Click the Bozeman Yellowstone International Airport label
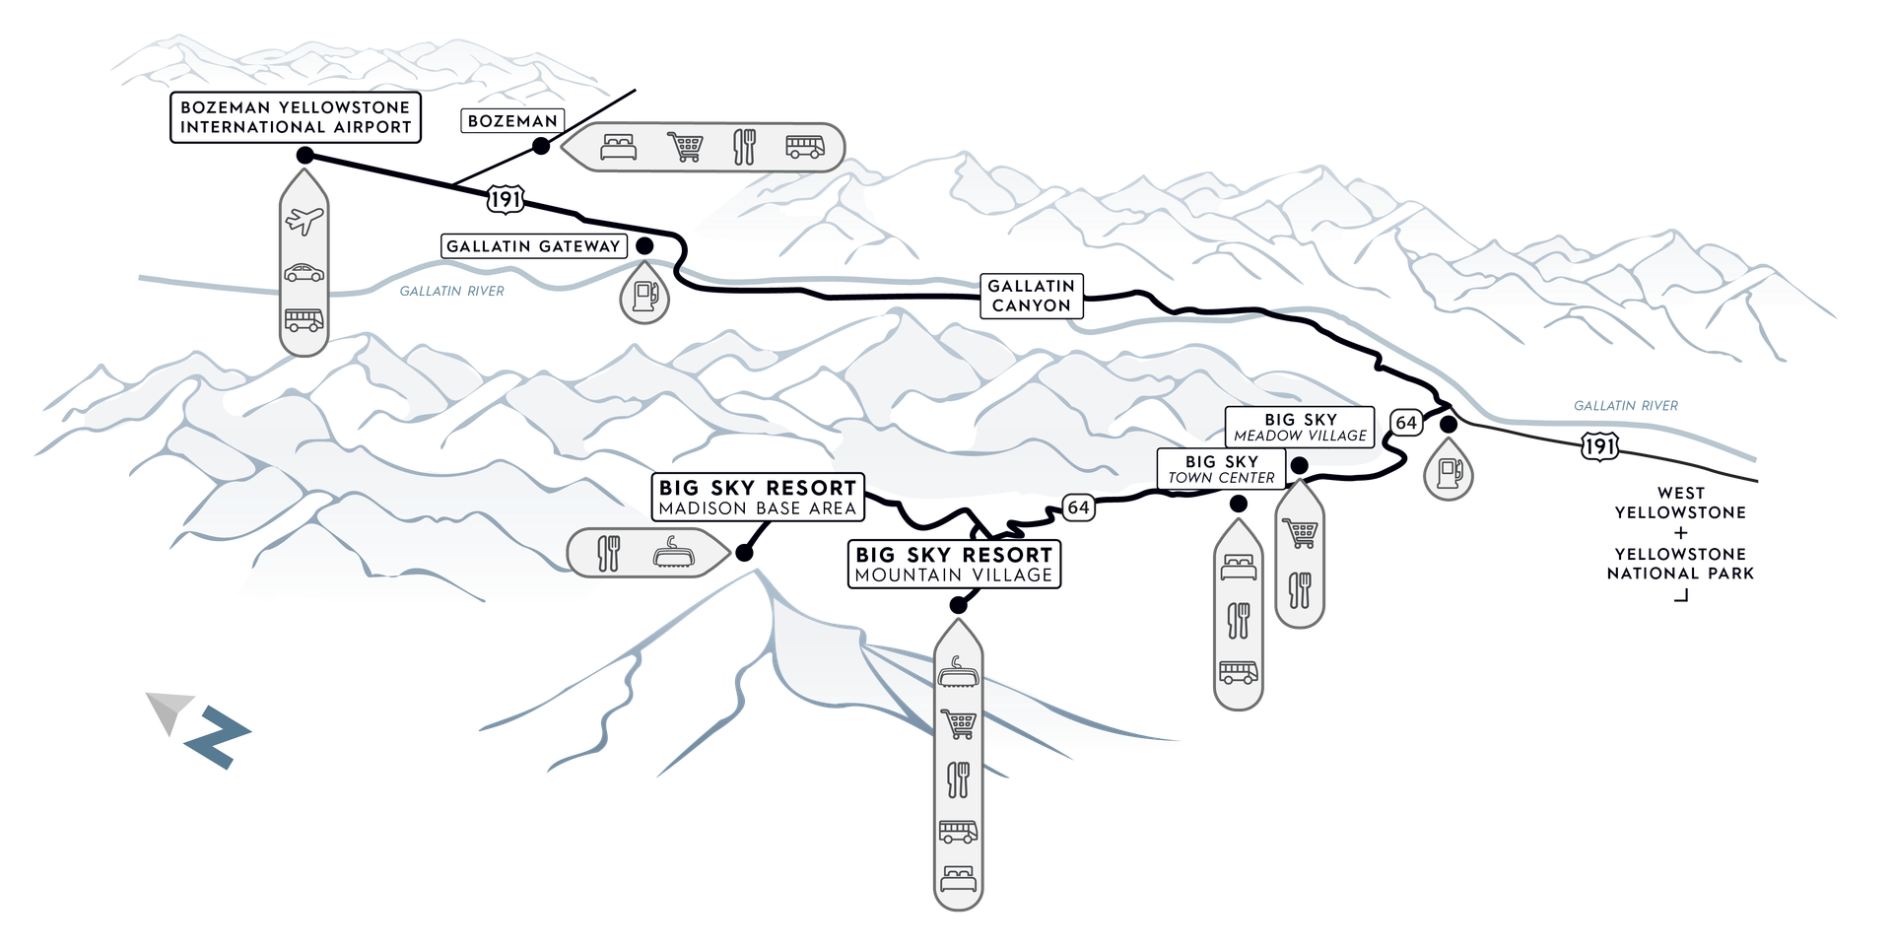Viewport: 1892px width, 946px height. point(295,117)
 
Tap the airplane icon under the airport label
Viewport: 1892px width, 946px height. point(304,221)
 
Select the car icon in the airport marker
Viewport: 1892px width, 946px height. point(304,273)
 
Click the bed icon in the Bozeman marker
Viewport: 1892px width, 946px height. point(619,148)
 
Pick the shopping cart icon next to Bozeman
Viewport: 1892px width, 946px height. point(685,147)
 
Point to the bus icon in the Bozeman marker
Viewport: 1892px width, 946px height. point(805,147)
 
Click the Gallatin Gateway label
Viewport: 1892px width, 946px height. point(533,246)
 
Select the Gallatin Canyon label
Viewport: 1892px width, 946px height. point(1031,296)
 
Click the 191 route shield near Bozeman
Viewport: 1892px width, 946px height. point(506,200)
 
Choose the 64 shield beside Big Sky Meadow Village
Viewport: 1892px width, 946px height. point(1405,423)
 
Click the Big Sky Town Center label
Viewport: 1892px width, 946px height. point(1221,469)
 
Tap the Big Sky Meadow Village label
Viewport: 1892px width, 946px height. point(1300,428)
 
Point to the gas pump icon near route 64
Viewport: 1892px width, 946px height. point(1448,473)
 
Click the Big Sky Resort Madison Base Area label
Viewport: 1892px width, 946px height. point(757,498)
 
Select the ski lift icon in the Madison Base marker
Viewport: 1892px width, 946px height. point(675,553)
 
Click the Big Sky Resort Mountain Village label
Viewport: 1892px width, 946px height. point(954,564)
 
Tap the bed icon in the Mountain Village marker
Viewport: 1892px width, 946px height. point(958,876)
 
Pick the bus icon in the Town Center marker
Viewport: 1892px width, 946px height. point(1238,672)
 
